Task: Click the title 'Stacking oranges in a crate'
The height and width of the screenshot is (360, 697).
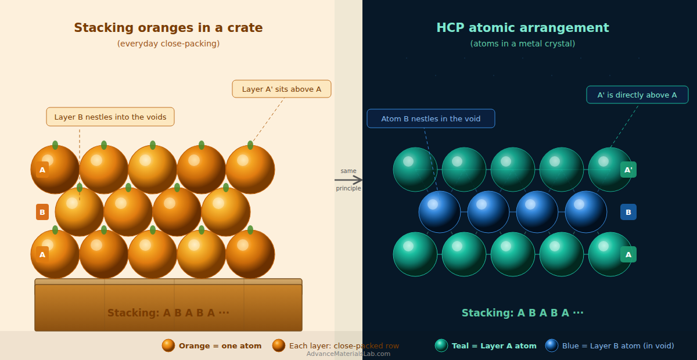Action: click(x=168, y=28)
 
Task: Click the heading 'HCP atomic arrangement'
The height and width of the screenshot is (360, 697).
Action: click(x=522, y=28)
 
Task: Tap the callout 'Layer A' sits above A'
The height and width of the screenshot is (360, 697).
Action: click(x=282, y=89)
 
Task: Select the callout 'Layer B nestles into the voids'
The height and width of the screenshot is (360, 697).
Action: click(x=110, y=117)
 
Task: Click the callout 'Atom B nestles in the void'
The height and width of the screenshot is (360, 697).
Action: click(x=431, y=118)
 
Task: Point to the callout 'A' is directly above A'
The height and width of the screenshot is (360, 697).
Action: click(x=637, y=95)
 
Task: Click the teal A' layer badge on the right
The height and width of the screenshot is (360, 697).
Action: click(x=628, y=170)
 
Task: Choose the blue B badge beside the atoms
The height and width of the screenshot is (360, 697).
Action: click(x=628, y=212)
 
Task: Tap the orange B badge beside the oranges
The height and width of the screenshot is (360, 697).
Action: click(x=42, y=212)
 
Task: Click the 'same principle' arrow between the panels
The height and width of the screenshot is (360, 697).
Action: click(x=348, y=180)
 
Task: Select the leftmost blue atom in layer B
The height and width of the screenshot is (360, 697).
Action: click(x=440, y=212)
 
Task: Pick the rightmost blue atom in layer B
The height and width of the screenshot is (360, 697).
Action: click(x=586, y=212)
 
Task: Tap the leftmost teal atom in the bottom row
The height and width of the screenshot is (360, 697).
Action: click(x=415, y=254)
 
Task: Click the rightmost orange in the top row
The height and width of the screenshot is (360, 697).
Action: click(x=250, y=170)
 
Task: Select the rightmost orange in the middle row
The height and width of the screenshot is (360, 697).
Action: click(x=226, y=212)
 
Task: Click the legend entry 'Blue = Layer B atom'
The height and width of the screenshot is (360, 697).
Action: click(x=617, y=345)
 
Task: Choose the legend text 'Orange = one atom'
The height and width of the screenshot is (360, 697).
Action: click(x=220, y=345)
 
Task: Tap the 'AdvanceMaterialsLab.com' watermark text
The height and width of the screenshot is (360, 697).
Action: click(x=348, y=354)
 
